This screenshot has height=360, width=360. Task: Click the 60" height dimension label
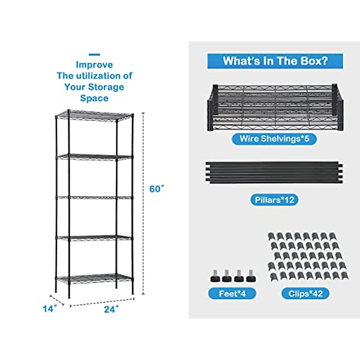click(x=157, y=189)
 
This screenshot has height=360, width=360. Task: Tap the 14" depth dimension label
click(x=49, y=308)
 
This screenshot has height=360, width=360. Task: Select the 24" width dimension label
click(x=111, y=309)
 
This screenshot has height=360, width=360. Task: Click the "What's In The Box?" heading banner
click(x=275, y=61)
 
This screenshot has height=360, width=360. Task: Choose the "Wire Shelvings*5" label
click(x=274, y=139)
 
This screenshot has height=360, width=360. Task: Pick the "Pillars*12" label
click(x=274, y=200)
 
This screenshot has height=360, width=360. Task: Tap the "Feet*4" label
click(x=232, y=293)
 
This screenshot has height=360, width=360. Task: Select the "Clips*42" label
click(x=305, y=293)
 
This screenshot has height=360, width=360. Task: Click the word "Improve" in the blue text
click(x=94, y=65)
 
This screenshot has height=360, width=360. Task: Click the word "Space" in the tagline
click(x=94, y=98)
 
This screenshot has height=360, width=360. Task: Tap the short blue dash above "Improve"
click(x=94, y=55)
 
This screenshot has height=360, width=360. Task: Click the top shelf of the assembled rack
click(x=94, y=115)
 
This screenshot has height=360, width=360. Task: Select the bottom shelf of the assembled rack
click(x=94, y=278)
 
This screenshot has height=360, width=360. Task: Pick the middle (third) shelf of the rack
click(x=94, y=197)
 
